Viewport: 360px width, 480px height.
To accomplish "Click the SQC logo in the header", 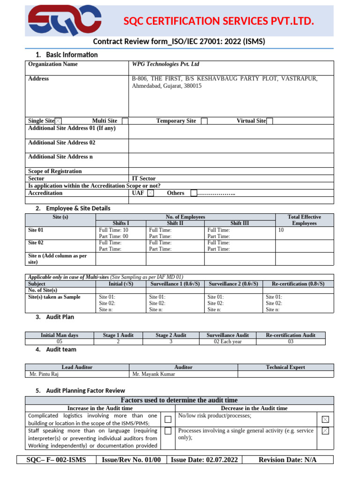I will click(x=64, y=21).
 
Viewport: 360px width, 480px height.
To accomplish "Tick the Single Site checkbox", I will click(x=58, y=121).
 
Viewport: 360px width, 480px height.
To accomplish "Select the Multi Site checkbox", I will click(x=125, y=121).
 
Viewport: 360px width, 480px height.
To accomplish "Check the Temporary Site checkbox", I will click(x=204, y=121).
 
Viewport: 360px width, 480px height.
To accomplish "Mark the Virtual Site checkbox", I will click(x=270, y=121).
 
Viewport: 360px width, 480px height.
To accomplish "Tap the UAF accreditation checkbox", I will click(x=150, y=193).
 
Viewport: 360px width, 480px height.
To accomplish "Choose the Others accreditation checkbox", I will click(x=194, y=193).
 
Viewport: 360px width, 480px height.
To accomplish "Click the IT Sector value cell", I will click(x=144, y=179).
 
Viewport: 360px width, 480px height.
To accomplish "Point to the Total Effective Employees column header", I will click(x=304, y=220).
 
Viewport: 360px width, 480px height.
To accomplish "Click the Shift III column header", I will click(x=240, y=224).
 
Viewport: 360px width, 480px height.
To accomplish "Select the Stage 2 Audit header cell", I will click(x=171, y=335).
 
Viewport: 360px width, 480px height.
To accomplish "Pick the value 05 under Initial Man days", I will click(x=59, y=342).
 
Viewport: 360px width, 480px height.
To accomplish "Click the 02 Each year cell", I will click(x=227, y=342).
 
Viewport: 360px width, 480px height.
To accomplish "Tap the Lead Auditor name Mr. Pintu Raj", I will click(x=45, y=374).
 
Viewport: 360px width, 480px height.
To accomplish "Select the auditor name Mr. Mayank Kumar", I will click(x=153, y=374).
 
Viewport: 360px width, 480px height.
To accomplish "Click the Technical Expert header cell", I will click(x=285, y=367).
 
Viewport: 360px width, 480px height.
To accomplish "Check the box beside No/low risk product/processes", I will click(x=325, y=419).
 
